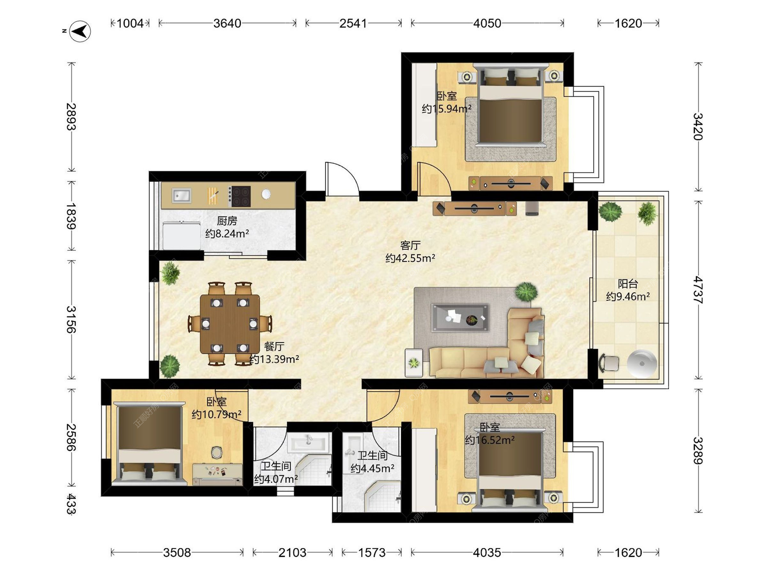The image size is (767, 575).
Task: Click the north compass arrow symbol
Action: [80, 31]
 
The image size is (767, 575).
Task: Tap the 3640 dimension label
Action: [227, 23]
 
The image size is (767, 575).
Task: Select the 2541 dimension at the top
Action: [353, 23]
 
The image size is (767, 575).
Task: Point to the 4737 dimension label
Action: [697, 290]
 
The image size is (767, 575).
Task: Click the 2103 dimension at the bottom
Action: [292, 553]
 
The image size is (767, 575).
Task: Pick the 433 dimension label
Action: [71, 504]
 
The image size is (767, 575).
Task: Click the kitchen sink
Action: [182, 196]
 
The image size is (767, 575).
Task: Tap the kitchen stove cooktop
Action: [239, 196]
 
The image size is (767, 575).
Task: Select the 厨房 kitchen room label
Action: [227, 220]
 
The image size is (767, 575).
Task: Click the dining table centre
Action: [230, 324]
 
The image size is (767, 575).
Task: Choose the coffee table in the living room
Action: [460, 317]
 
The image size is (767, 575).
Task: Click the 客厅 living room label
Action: [410, 245]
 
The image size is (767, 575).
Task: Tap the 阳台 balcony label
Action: [628, 284]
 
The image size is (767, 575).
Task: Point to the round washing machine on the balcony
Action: [642, 364]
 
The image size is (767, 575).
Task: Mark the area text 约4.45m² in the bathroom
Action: [372, 468]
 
